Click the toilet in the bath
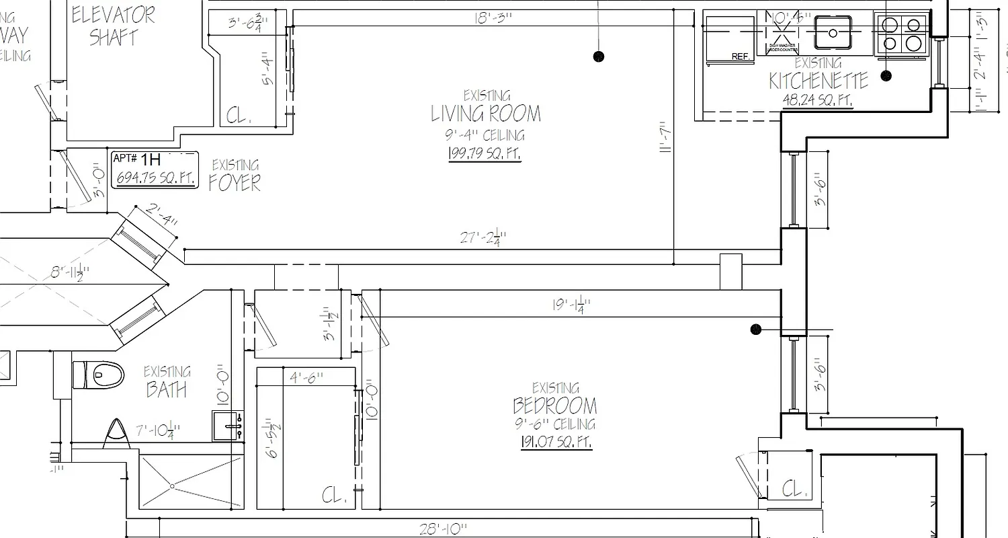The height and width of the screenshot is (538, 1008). click(x=99, y=375)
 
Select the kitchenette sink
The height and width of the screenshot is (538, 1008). click(x=833, y=32)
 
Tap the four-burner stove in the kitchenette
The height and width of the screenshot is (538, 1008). click(x=901, y=34)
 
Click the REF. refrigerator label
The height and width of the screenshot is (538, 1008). click(x=741, y=57)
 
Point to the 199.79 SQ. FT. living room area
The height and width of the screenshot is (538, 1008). click(x=484, y=154)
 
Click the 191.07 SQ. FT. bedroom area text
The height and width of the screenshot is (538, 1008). click(x=556, y=442)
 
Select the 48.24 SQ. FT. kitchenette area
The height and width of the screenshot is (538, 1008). click(x=818, y=100)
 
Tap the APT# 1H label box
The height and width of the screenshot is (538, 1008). click(x=155, y=169)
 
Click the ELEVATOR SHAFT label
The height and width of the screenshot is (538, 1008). click(x=113, y=26)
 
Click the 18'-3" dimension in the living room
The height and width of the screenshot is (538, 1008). click(x=493, y=18)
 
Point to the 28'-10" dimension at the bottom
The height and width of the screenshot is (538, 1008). click(x=443, y=529)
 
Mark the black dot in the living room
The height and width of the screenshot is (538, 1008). click(x=599, y=56)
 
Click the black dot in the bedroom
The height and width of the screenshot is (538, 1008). click(x=756, y=329)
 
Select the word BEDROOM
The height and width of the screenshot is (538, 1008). click(x=554, y=406)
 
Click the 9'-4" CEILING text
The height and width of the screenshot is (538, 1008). click(x=484, y=136)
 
